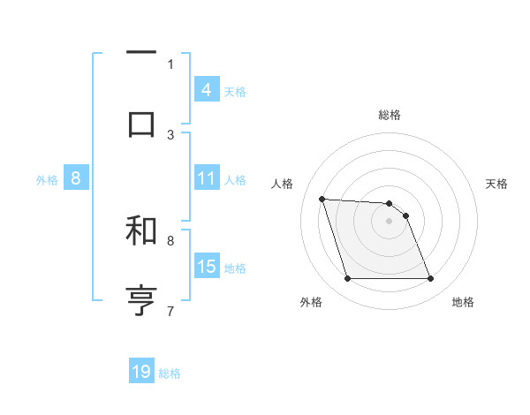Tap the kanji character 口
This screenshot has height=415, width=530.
[x=141, y=123]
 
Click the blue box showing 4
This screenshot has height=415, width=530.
[x=207, y=90]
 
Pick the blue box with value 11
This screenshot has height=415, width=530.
[x=207, y=178]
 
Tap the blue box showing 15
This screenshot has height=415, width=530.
[x=207, y=267]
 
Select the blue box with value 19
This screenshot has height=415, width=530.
[x=141, y=373]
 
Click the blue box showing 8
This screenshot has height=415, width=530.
[x=75, y=178]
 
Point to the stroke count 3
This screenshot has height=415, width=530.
[x=170, y=134]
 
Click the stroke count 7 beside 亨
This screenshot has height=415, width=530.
[x=170, y=310]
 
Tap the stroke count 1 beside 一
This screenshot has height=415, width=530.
[x=170, y=64]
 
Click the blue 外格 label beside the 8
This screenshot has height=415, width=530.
[x=47, y=179]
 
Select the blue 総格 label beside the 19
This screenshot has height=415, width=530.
[x=170, y=373]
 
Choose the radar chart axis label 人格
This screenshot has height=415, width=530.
[x=284, y=184]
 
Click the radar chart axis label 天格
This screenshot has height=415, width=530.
[x=497, y=184]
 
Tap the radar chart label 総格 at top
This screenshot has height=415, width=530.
[x=390, y=115]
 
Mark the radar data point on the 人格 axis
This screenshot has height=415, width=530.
[x=322, y=199]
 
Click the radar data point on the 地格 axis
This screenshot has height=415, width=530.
[x=430, y=279]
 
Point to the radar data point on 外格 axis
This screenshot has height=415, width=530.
[x=347, y=279]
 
